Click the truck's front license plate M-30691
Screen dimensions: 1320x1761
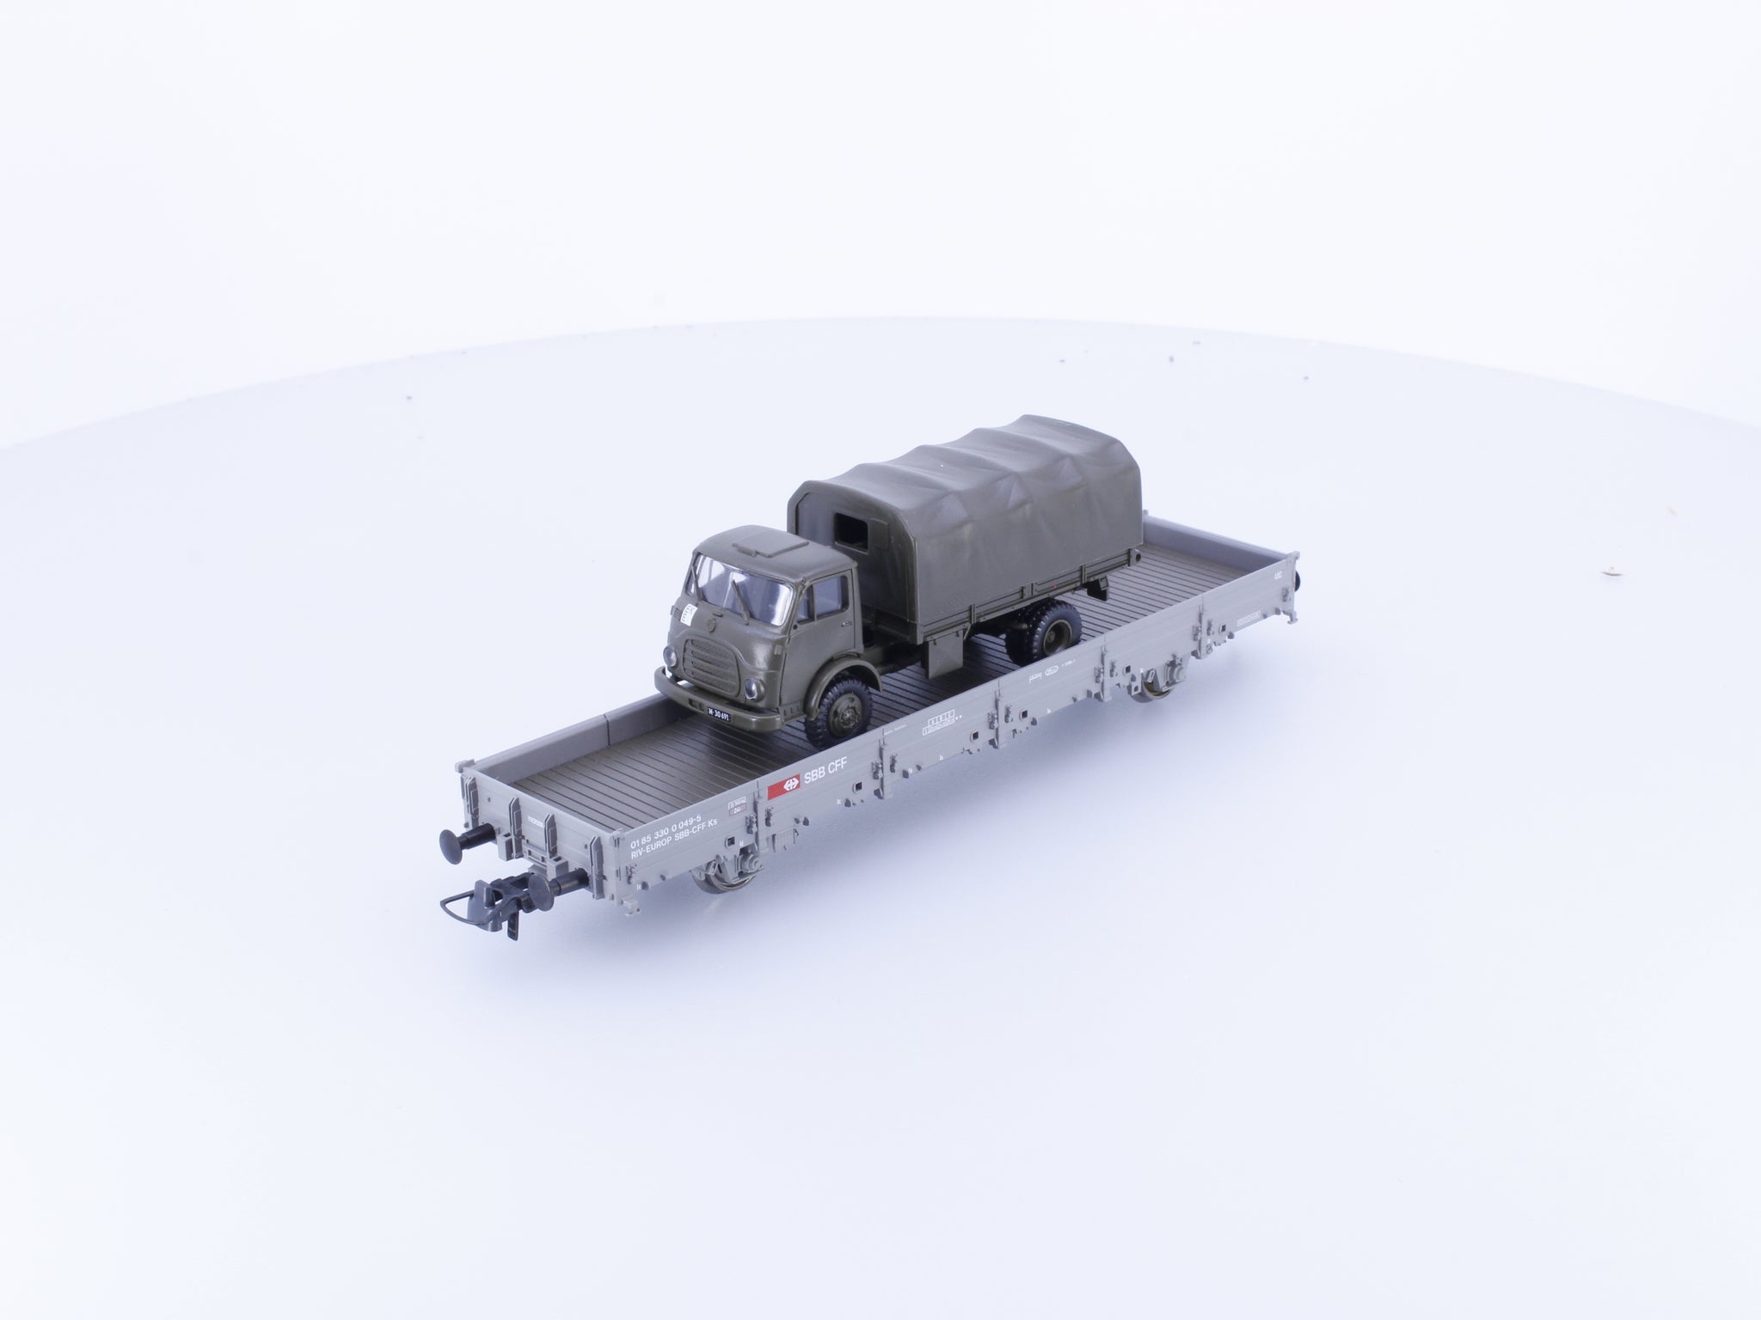(715, 689)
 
